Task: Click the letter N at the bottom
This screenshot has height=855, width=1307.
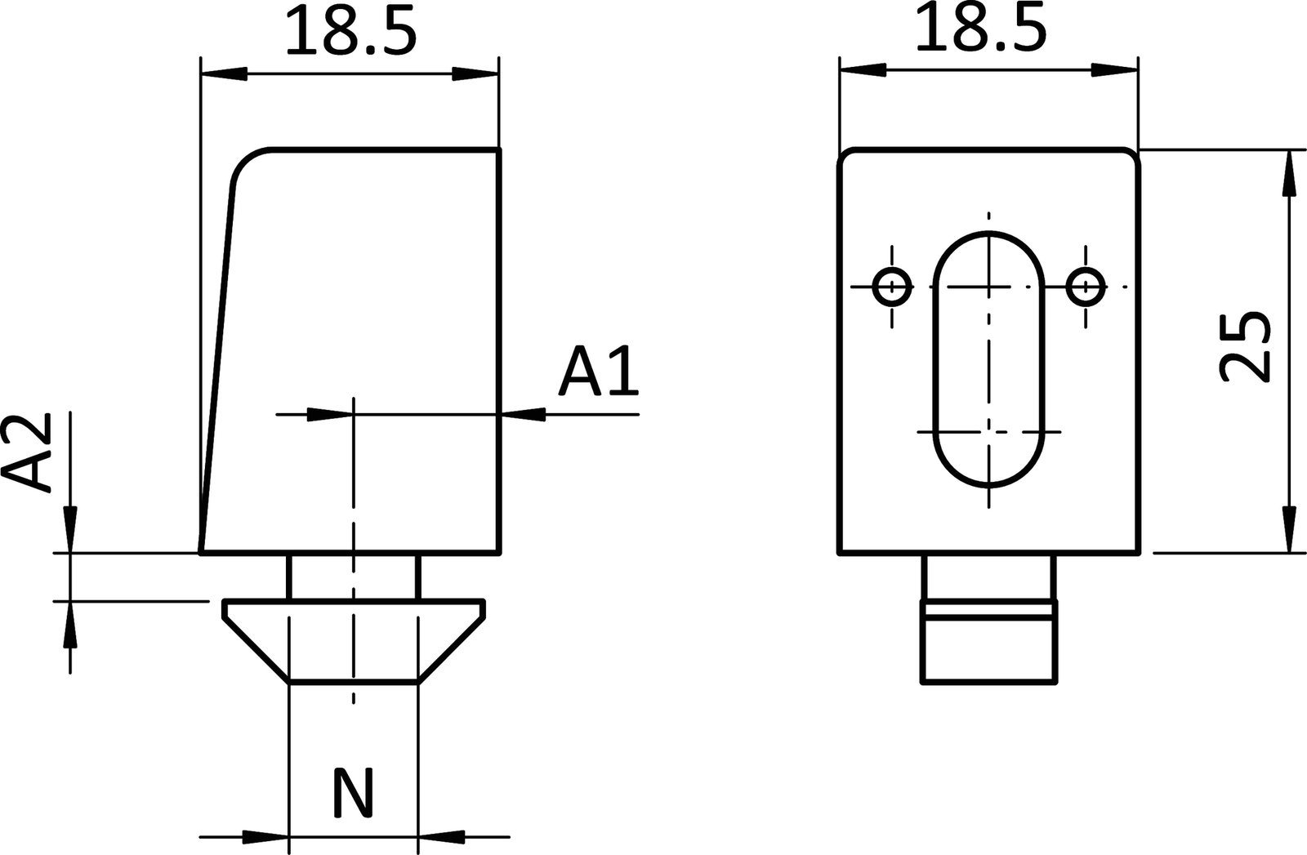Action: tap(353, 792)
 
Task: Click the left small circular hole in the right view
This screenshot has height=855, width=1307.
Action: tap(892, 287)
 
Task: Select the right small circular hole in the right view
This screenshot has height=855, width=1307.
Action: tap(1086, 287)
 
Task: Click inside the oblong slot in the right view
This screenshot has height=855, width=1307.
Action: tap(989, 359)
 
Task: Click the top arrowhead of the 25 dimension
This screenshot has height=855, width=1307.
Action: tap(1289, 173)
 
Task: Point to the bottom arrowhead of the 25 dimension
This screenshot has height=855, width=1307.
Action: tap(1289, 529)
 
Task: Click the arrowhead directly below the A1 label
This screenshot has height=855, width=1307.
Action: tap(524, 415)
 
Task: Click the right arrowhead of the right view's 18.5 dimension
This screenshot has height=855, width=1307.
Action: tap(1113, 71)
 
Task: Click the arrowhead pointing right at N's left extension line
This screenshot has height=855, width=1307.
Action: tap(266, 837)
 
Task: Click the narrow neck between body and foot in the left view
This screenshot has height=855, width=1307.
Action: tap(353, 577)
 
